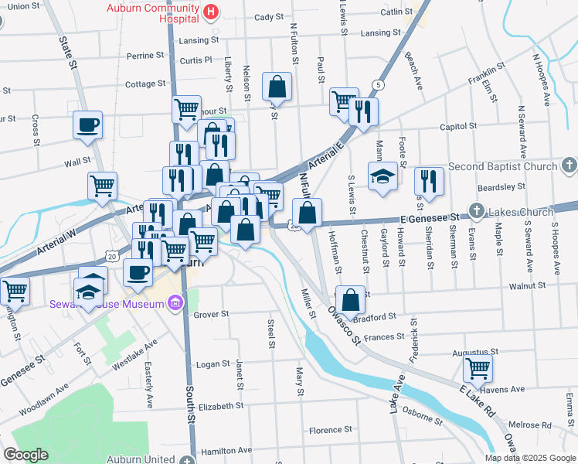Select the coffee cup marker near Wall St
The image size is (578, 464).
pyautogui.click(x=87, y=124)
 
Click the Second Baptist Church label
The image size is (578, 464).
pyautogui.click(x=501, y=166)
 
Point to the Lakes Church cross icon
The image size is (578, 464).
pyautogui.click(x=478, y=210)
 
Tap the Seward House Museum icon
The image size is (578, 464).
pyautogui.click(x=175, y=303)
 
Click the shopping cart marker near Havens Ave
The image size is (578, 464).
pyautogui.click(x=477, y=370)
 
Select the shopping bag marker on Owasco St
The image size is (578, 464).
pyautogui.click(x=350, y=299)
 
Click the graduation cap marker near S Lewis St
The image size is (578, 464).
pyautogui.click(x=382, y=176)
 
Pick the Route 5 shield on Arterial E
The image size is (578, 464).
pyautogui.click(x=377, y=84)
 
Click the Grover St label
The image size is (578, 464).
pyautogui.click(x=211, y=315)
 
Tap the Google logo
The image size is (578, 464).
pyautogui.click(x=25, y=455)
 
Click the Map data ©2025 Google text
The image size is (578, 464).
pyautogui.click(x=529, y=458)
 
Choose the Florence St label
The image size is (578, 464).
pyautogui.click(x=331, y=429)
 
